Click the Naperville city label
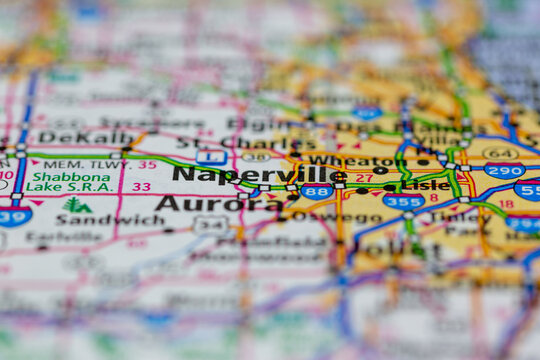click(x=259, y=174)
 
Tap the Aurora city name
click(x=219, y=203)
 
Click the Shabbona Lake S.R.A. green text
click(x=68, y=181)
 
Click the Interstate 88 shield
click(x=317, y=190)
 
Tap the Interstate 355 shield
click(x=403, y=201)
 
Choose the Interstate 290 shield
click(x=504, y=170)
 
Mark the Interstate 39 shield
click(x=14, y=215)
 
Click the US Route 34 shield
click(x=210, y=225)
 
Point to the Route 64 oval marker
click(x=499, y=153)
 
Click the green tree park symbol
click(x=75, y=205)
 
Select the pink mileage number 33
click(x=142, y=186)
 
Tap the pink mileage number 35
click(x=147, y=164)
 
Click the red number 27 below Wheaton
click(x=364, y=178)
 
